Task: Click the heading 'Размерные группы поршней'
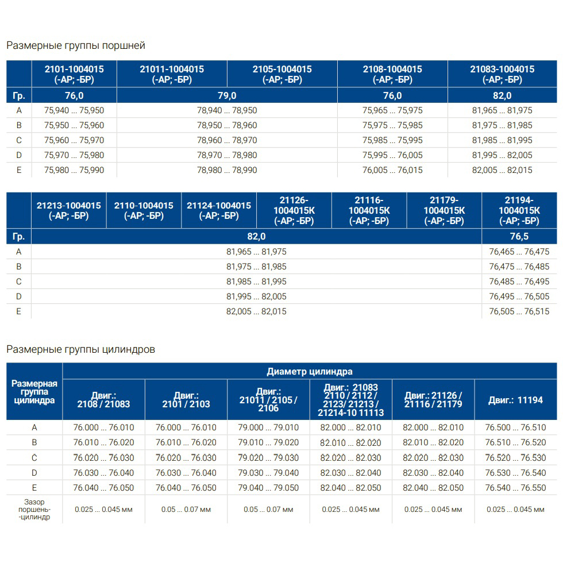76,45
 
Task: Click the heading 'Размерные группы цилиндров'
80,349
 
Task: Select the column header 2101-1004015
74,74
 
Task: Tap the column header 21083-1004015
502,74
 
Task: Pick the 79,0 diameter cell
227,96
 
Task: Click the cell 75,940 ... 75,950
74,110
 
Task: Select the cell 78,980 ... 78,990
227,170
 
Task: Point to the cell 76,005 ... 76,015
392,170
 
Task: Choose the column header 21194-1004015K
519,210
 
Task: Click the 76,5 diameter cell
519,236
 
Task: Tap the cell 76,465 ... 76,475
519,252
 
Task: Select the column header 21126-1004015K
294,210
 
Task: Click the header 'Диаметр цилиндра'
310,371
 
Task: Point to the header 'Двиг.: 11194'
515,400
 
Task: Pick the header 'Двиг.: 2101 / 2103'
186,400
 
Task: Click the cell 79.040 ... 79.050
268,488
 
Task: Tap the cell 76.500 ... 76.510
515,428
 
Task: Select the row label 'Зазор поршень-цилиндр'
34,509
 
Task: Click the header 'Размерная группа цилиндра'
34,392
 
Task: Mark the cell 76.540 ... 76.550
515,488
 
